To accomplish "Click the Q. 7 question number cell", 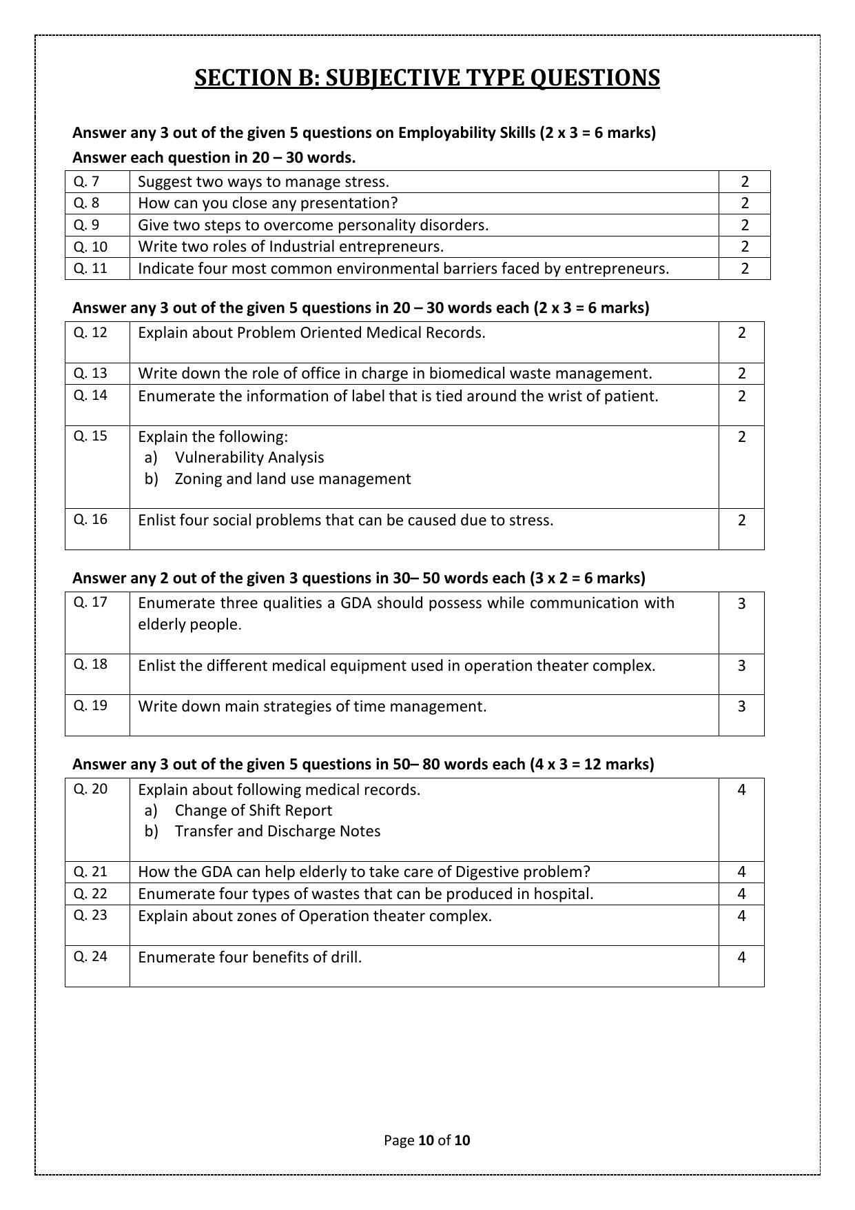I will click(x=86, y=181).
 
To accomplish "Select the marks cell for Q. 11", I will click(x=744, y=268).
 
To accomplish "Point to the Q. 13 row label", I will click(x=90, y=373).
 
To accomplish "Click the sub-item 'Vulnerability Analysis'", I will click(x=249, y=457).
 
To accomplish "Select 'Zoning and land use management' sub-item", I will click(x=292, y=478).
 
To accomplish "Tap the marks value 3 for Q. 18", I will click(x=741, y=665).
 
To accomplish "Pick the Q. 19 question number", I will click(x=90, y=705).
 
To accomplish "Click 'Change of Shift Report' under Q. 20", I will click(x=253, y=810).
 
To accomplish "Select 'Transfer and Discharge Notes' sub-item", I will click(x=277, y=831).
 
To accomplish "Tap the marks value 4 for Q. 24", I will click(x=741, y=957).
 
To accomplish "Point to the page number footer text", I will click(x=426, y=1140).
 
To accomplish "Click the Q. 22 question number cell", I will click(x=90, y=894).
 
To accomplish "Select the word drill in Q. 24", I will click(x=347, y=957).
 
